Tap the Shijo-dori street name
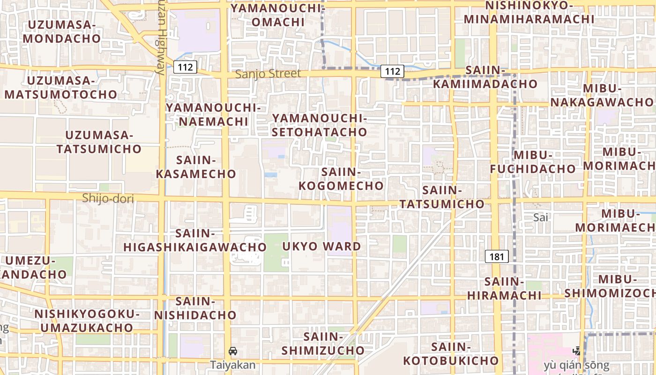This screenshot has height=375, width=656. [x=108, y=199]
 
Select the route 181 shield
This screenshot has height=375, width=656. [x=497, y=256]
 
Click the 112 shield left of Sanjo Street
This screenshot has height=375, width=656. [x=185, y=67]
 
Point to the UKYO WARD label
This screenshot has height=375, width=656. [x=322, y=246]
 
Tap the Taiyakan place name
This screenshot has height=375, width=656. [x=233, y=365]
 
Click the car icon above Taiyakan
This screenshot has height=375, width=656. [x=233, y=351]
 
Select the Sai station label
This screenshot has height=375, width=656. [x=541, y=217]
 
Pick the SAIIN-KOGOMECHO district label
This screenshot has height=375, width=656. [x=341, y=179]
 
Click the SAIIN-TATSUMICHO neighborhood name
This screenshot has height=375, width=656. [x=442, y=197]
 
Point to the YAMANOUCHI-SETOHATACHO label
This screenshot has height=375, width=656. [x=319, y=125]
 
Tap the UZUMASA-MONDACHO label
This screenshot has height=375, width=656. [x=62, y=31]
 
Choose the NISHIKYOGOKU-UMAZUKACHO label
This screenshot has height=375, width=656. [x=87, y=321]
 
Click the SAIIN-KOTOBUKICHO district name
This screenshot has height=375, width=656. [x=451, y=354]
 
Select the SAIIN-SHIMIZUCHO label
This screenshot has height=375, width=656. [x=323, y=344]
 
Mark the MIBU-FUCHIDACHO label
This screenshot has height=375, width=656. [x=533, y=162]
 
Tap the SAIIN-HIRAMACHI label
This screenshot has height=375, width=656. [x=504, y=289]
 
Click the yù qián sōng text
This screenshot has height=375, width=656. [x=577, y=365]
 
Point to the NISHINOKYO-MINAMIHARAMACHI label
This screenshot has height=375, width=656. [x=529, y=13]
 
